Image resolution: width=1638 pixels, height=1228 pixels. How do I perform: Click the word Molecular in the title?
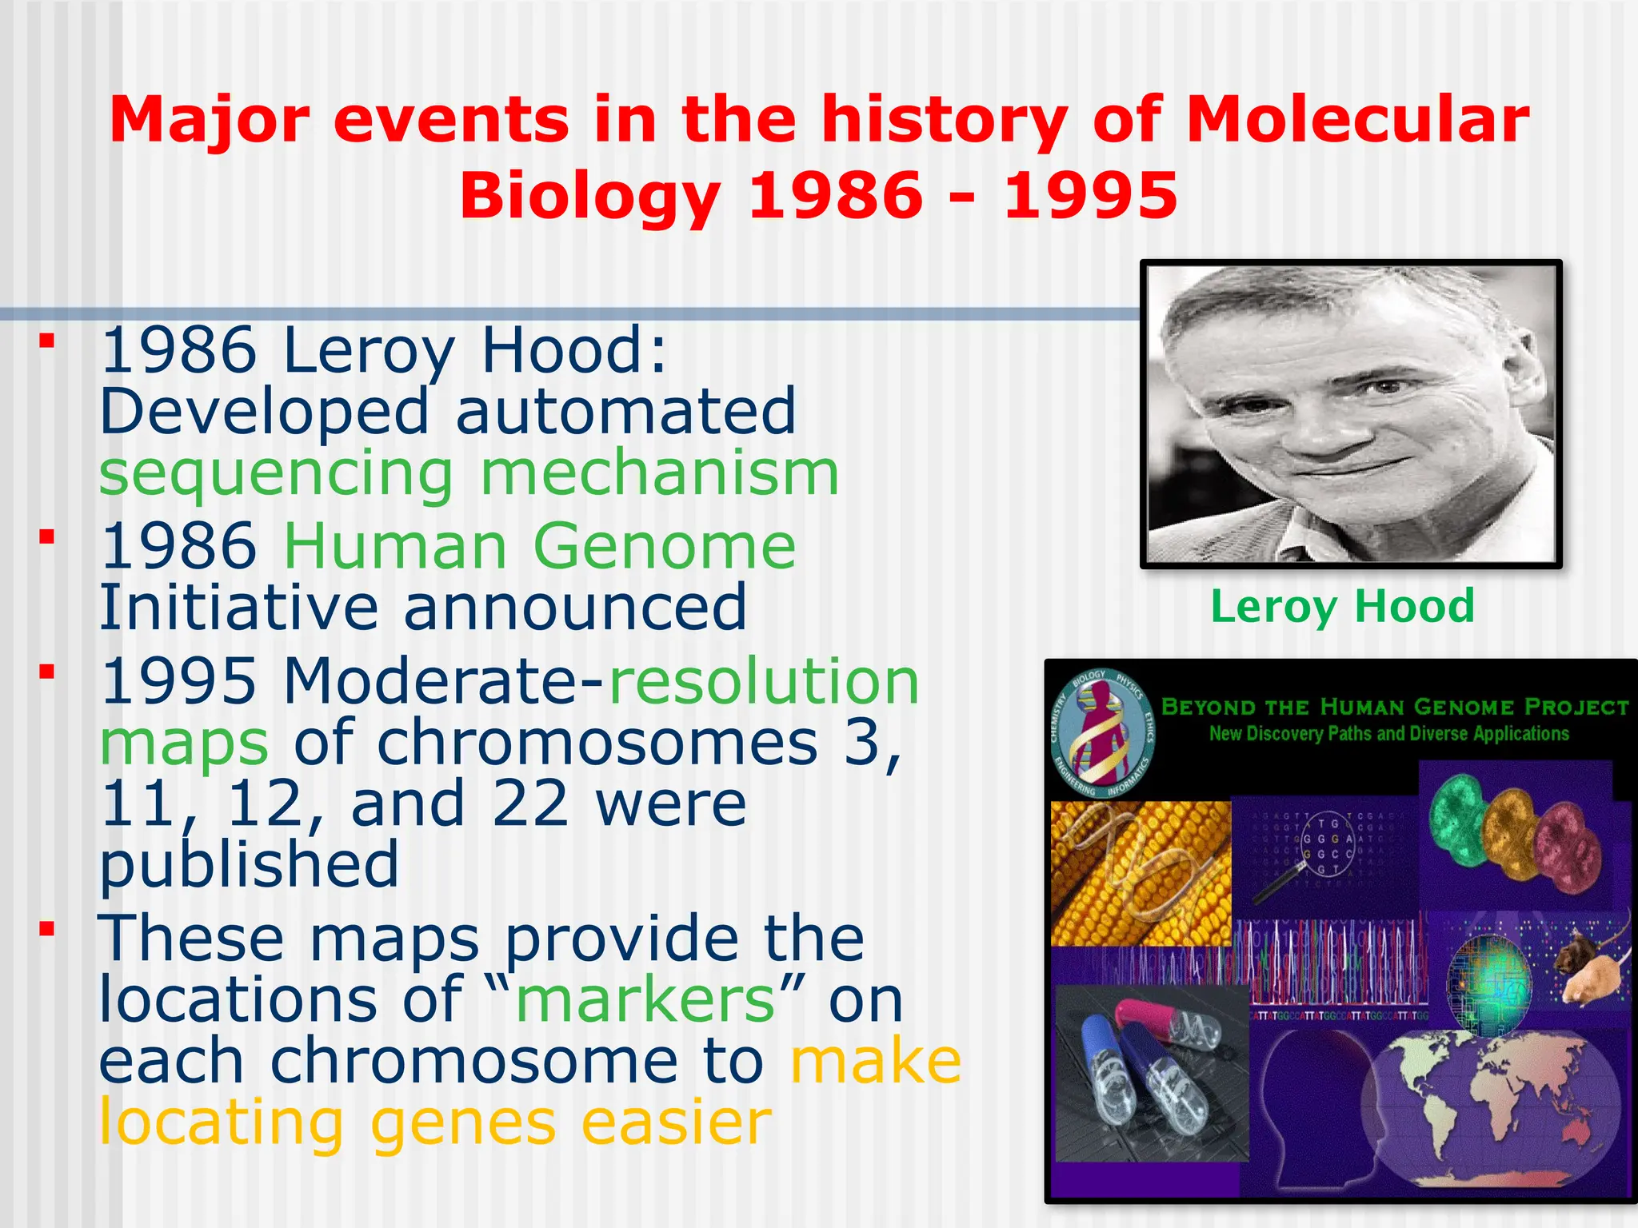[x=1357, y=120]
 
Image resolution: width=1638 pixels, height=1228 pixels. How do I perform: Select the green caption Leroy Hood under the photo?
[x=1342, y=605]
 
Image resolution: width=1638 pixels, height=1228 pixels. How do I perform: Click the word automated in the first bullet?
[x=625, y=411]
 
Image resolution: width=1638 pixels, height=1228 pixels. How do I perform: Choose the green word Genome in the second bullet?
[x=664, y=546]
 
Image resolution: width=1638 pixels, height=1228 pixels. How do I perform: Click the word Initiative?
[x=238, y=608]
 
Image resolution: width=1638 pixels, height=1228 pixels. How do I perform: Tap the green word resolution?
[x=764, y=681]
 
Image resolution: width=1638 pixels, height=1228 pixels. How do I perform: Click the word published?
[x=249, y=865]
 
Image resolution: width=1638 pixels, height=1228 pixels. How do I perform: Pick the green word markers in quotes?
[x=645, y=999]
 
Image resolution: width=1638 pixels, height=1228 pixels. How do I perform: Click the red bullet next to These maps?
[x=48, y=928]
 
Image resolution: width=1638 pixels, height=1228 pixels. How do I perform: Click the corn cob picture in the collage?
[x=1140, y=873]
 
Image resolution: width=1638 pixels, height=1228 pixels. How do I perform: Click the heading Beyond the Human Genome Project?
[x=1394, y=707]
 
